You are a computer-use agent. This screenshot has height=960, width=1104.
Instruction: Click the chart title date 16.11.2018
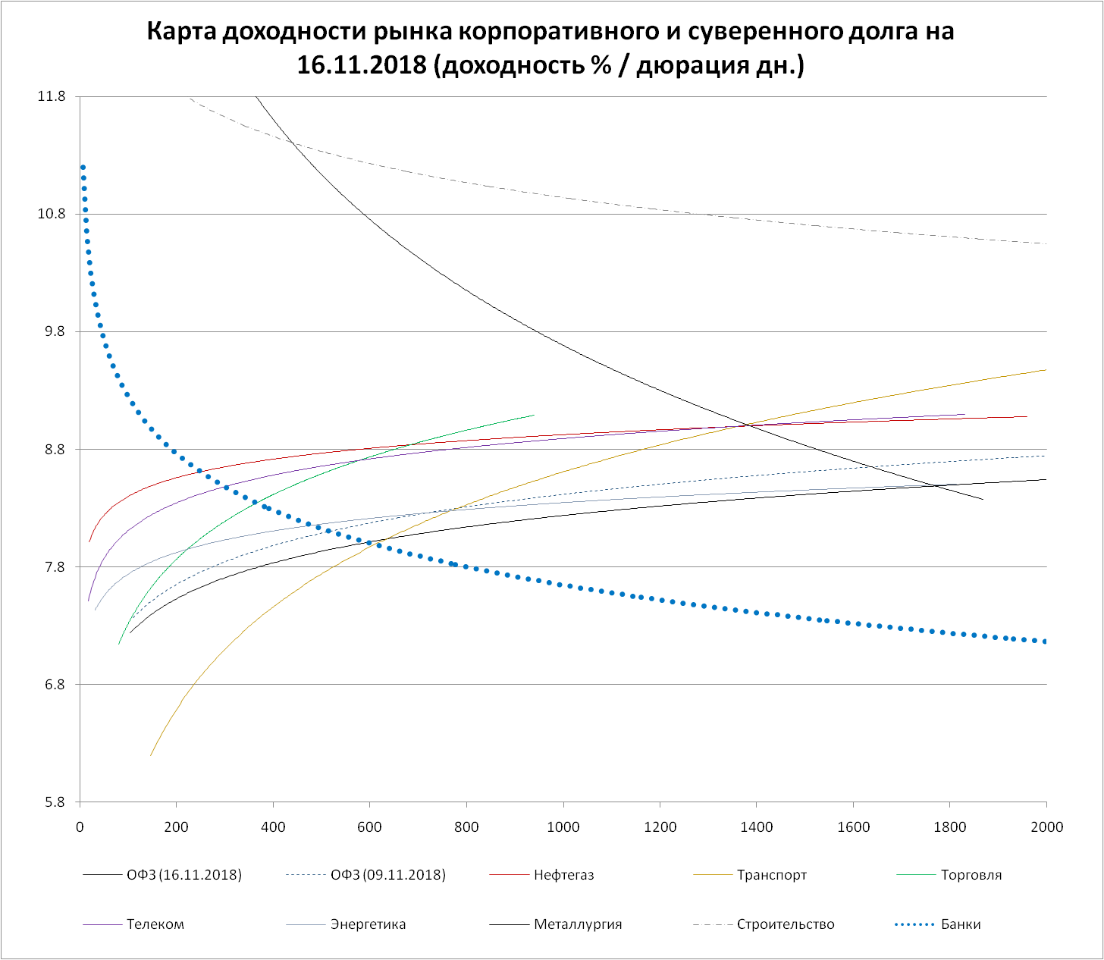[x=361, y=65]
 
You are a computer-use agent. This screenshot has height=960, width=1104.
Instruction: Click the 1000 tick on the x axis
[x=563, y=827]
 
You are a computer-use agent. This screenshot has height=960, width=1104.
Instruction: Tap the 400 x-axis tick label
[x=273, y=827]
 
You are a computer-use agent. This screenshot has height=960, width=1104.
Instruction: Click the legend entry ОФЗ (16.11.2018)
[x=184, y=875]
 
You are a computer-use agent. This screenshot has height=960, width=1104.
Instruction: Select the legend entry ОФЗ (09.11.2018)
[x=388, y=875]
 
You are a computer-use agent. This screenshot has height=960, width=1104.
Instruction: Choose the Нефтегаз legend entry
[x=563, y=875]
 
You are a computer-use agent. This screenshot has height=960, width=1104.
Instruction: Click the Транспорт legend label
[x=771, y=875]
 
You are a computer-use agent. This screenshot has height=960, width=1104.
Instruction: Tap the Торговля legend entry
[x=971, y=875]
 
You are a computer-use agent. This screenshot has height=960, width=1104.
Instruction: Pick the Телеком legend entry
[x=155, y=924]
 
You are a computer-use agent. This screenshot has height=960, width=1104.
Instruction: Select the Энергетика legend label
[x=368, y=924]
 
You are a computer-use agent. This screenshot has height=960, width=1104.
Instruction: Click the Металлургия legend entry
[x=577, y=924]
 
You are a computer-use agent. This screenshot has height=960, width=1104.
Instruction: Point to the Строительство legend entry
[x=786, y=924]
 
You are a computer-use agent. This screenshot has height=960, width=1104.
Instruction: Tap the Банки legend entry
[x=960, y=924]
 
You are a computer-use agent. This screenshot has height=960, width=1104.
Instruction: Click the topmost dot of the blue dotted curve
[x=83, y=167]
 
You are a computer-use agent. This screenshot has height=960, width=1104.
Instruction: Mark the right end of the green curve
[x=534, y=415]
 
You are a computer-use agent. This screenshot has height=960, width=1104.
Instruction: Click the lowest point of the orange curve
[x=150, y=755]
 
